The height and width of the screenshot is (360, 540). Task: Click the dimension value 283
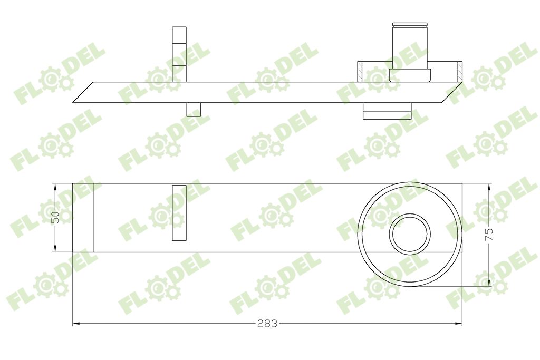click(x=267, y=323)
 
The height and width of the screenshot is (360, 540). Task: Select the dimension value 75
click(x=490, y=234)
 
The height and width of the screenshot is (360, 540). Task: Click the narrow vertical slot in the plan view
click(x=179, y=213)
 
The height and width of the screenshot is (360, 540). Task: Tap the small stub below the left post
click(x=194, y=109)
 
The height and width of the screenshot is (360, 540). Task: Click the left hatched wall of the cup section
click(x=360, y=72)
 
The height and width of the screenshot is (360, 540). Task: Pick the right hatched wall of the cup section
click(x=459, y=72)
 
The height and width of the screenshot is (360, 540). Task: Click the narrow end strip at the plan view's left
click(x=83, y=217)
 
